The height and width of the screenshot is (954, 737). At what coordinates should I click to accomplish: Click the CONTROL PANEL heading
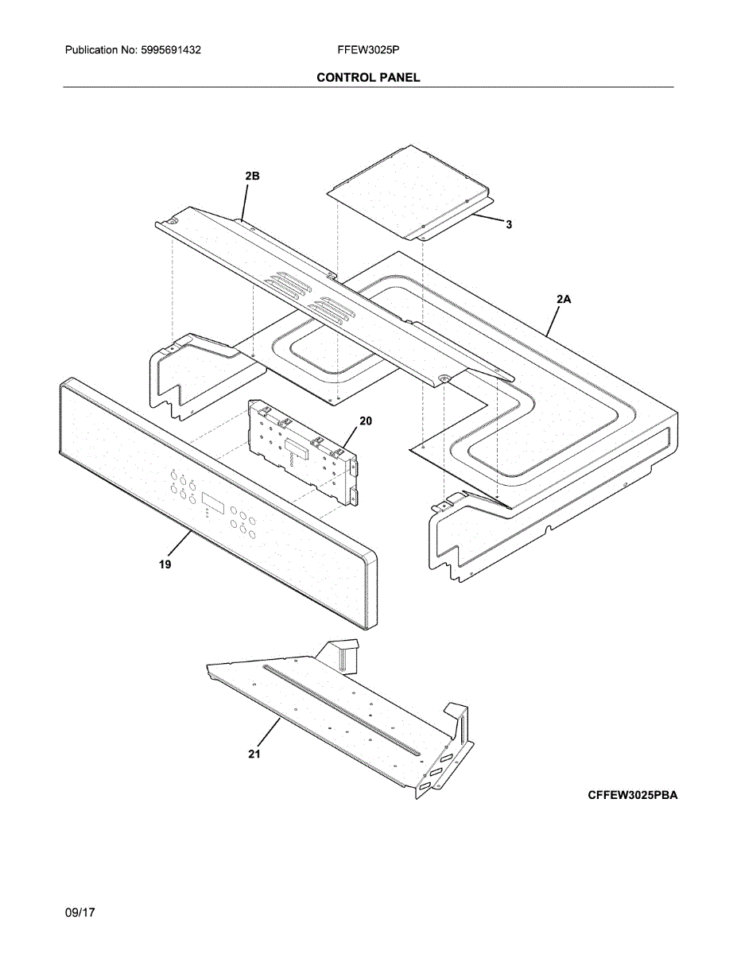(x=368, y=77)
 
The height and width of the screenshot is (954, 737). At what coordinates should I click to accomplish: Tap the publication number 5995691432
(x=169, y=50)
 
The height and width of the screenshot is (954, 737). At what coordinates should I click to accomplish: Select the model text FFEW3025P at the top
(x=368, y=50)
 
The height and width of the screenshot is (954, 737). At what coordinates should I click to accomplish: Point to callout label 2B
(x=252, y=176)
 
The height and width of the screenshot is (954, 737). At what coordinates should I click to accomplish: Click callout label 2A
(x=564, y=299)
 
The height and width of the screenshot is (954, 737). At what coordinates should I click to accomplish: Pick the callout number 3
(x=509, y=225)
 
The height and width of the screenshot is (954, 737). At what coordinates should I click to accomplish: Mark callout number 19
(x=165, y=564)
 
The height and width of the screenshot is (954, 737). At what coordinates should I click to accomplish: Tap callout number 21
(x=254, y=754)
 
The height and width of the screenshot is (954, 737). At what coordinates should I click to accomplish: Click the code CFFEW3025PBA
(x=633, y=794)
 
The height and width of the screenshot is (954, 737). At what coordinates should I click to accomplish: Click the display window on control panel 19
(x=212, y=502)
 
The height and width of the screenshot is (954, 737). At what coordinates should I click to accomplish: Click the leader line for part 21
(x=268, y=734)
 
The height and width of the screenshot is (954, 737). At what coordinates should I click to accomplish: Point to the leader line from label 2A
(x=553, y=317)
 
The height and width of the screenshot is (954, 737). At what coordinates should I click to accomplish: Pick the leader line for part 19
(x=180, y=549)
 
